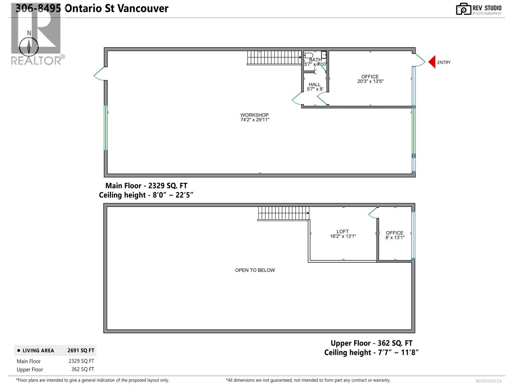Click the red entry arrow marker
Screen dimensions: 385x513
(x=432, y=62)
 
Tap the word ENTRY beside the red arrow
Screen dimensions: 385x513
(x=444, y=63)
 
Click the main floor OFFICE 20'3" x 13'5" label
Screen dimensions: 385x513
(x=370, y=79)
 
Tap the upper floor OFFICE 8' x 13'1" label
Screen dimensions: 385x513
(x=395, y=235)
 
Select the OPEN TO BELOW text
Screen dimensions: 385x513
(x=255, y=270)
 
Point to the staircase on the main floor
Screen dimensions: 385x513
(x=274, y=57)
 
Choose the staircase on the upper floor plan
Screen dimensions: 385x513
(x=283, y=213)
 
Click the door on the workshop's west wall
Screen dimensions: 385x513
(x=99, y=74)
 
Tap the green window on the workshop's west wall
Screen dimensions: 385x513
(x=106, y=128)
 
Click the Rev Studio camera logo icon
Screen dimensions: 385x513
(x=464, y=9)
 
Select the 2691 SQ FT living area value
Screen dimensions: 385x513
(x=81, y=351)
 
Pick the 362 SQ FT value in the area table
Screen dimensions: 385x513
(x=83, y=369)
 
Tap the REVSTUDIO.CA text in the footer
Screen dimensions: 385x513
(x=489, y=381)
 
